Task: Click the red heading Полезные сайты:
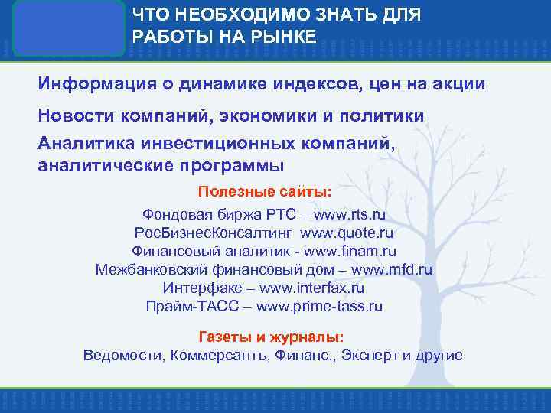point(265,191)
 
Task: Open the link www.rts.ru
point(344,215)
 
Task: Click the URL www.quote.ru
point(346,233)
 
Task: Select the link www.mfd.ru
point(392,269)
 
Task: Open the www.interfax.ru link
point(311,288)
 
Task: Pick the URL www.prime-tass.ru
point(319,307)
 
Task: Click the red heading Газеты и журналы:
point(271,337)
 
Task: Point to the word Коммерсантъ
point(220,356)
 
